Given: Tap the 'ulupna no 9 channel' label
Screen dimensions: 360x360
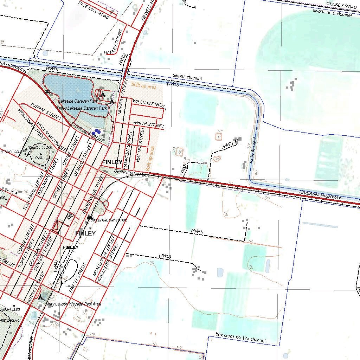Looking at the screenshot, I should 332,13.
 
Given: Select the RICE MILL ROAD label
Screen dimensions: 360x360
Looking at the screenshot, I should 94,9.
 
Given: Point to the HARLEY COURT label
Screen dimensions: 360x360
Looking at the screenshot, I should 113,42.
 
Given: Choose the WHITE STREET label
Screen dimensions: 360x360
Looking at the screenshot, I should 149,124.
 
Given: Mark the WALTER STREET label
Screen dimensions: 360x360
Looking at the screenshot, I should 141,144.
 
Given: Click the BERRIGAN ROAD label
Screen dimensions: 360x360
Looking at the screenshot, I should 132,173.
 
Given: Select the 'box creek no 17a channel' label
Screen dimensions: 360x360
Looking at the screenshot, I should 240,338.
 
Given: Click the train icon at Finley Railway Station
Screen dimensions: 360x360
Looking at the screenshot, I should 89,218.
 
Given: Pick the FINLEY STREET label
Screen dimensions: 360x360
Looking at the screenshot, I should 78,278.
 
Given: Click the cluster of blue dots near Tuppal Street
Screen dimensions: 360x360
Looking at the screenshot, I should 96,132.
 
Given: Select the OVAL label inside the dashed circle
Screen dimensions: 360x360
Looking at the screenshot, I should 39,158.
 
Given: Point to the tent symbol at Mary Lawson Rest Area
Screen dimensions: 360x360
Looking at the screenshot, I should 41,297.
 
